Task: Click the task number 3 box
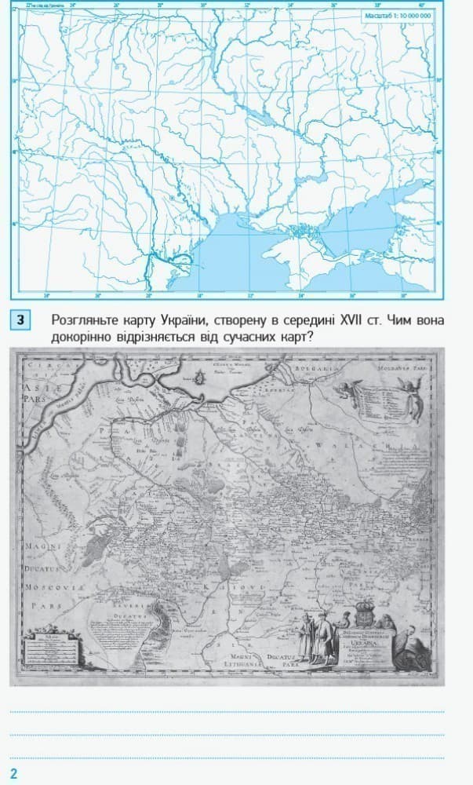click(21, 320)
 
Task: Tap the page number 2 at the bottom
click(13, 773)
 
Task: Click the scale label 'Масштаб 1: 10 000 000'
click(398, 15)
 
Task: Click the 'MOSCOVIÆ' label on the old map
click(51, 587)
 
